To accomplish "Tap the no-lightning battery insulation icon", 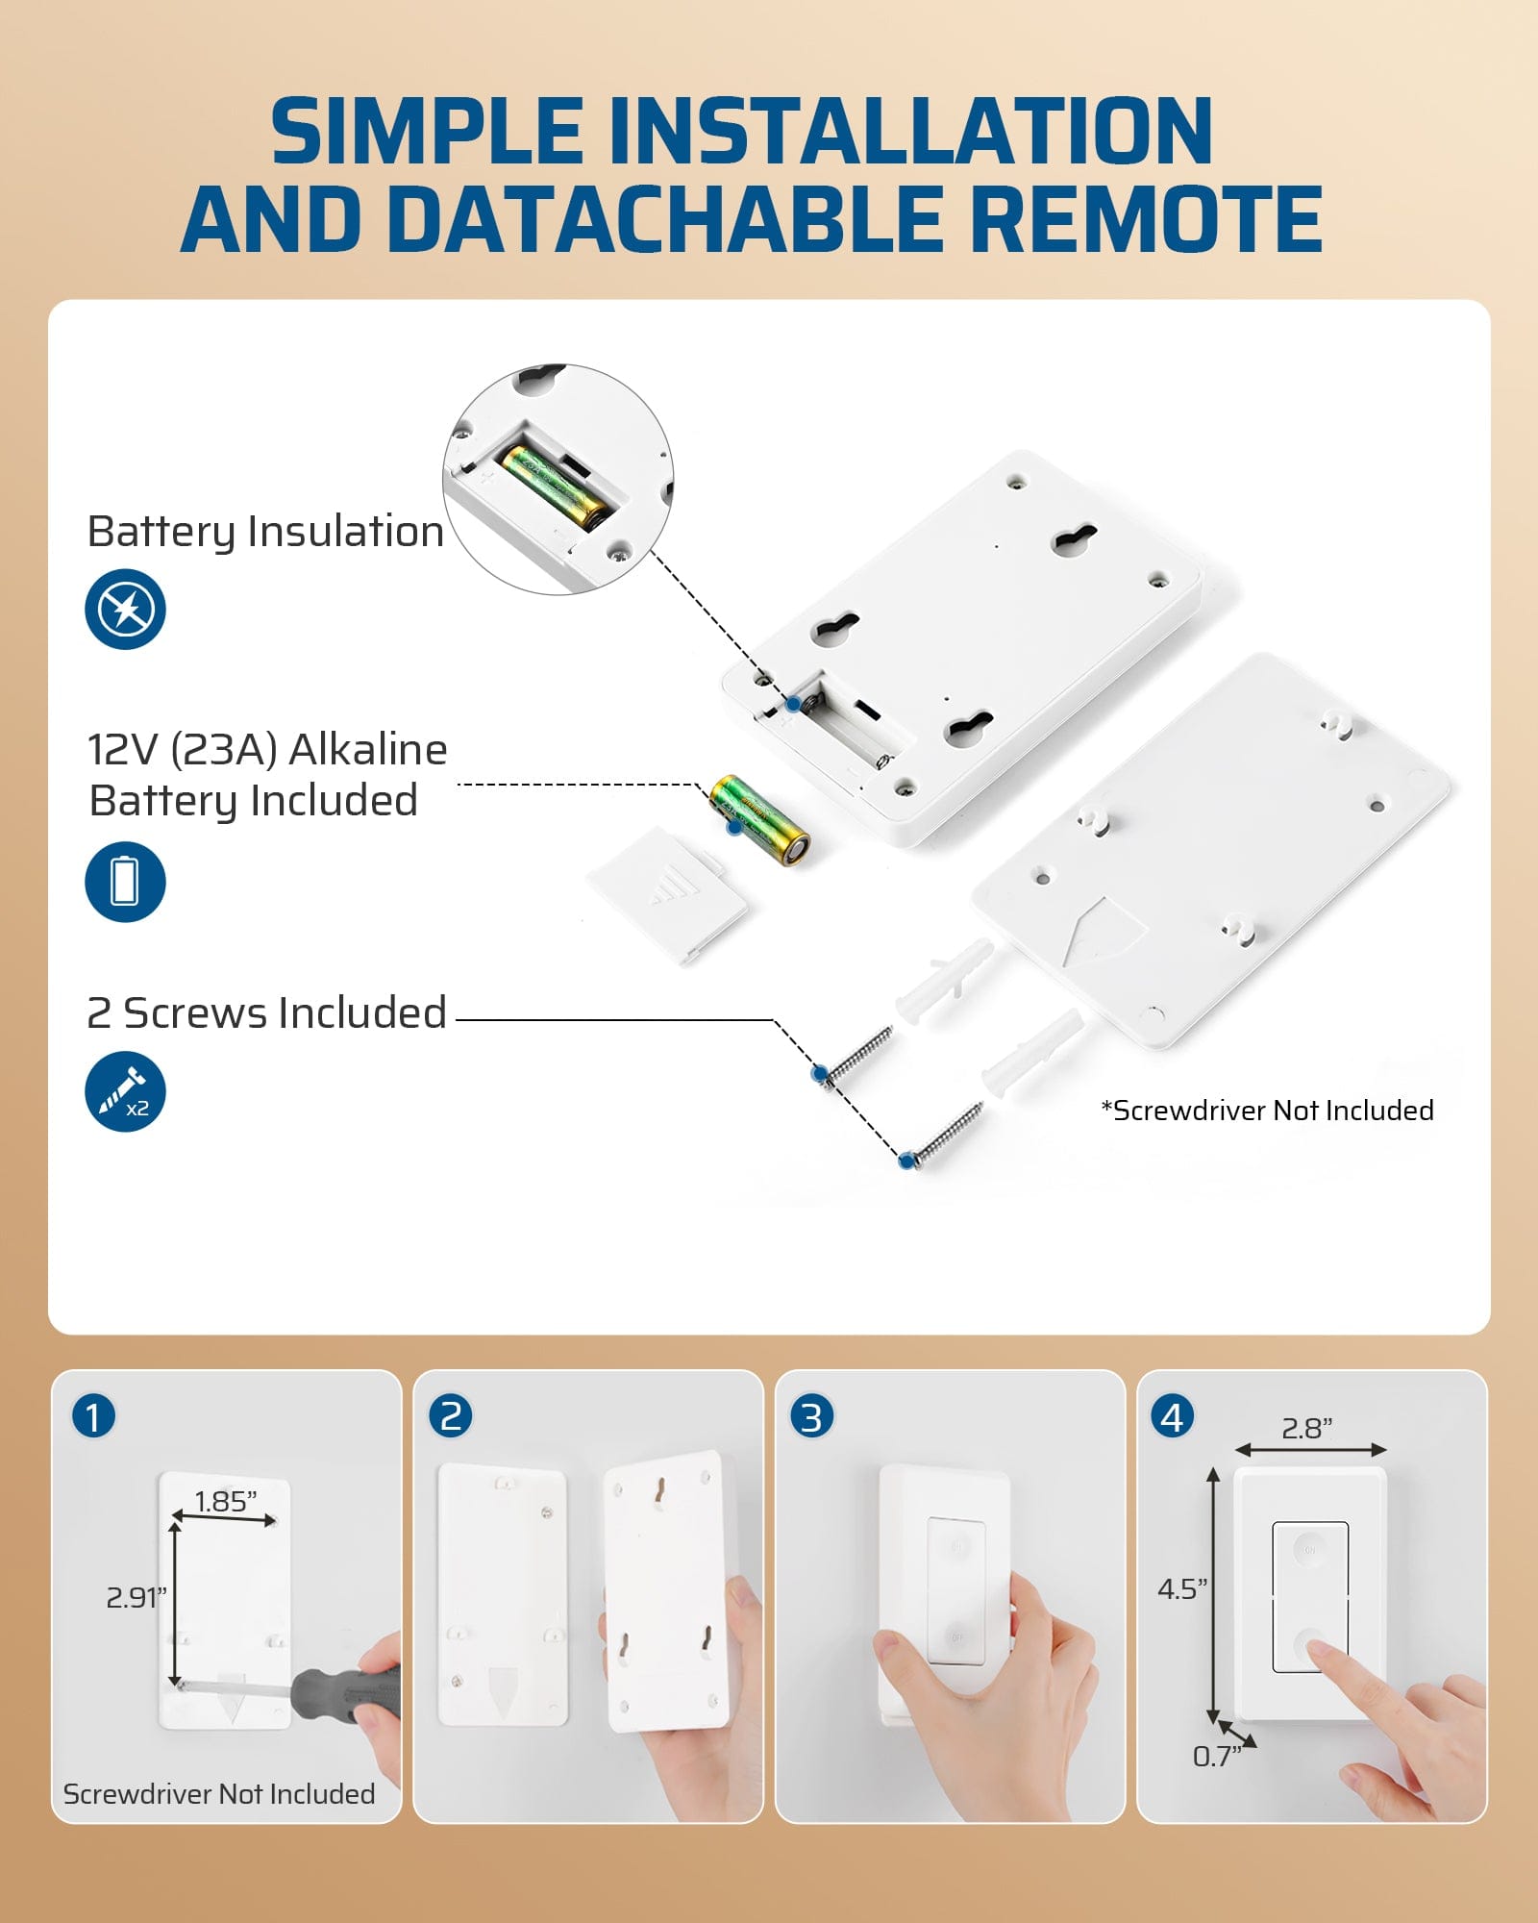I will [x=125, y=609].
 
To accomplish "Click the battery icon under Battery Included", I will [x=125, y=882].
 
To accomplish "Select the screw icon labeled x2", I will [x=125, y=1092].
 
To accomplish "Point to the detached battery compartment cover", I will [x=667, y=894].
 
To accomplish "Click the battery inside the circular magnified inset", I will [x=556, y=487].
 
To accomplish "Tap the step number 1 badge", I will [x=93, y=1417].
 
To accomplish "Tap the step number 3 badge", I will [x=811, y=1417].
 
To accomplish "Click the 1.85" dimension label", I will [x=226, y=1501].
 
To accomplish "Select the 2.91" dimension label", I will [x=136, y=1597].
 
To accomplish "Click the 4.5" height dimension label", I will [x=1181, y=1588].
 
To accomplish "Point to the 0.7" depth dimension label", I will [x=1216, y=1757].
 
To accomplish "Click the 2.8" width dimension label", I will [x=1307, y=1428].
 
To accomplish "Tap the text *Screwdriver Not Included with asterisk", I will [x=1267, y=1111].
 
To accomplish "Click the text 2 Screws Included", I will [x=267, y=1012].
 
